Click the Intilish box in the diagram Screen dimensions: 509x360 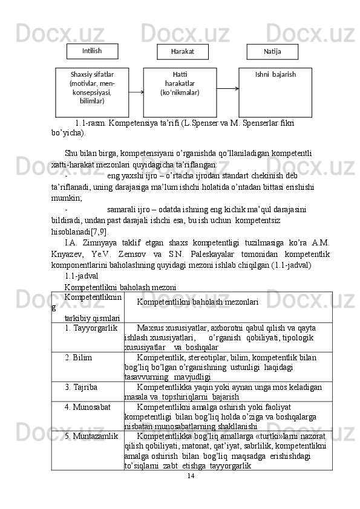coord(92,51)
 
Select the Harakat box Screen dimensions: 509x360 coord(182,52)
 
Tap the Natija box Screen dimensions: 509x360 coord(272,52)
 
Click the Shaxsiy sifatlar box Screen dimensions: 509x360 coord(92,92)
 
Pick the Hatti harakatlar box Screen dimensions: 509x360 coord(180,92)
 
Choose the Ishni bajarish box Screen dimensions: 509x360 coord(275,92)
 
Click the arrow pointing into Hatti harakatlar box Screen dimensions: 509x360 coord(136,92)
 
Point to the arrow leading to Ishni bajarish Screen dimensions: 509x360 coord(227,88)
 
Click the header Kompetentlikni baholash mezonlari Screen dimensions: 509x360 coord(198,300)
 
